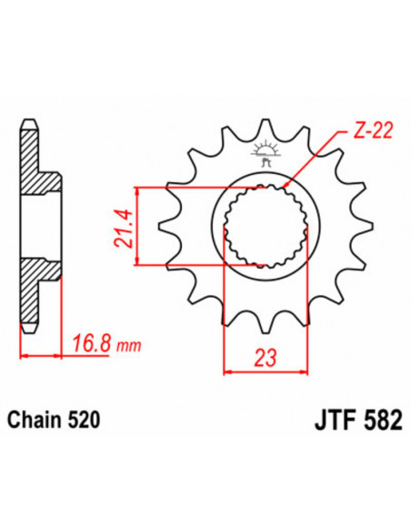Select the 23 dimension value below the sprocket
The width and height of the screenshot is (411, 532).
coord(265,356)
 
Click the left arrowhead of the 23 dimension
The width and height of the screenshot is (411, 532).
coord(227,370)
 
